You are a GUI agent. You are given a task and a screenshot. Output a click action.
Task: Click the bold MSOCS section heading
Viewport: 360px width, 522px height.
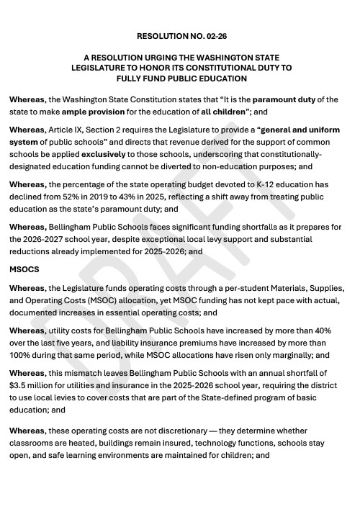pos(25,269)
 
